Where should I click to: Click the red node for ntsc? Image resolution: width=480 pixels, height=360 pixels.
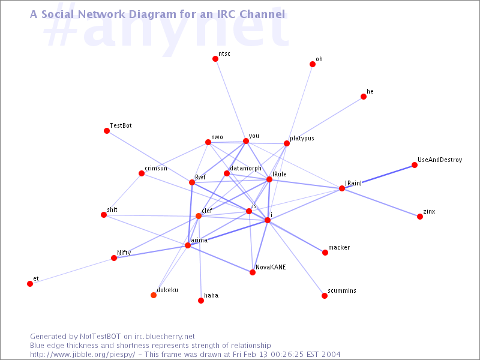(x=215, y=59)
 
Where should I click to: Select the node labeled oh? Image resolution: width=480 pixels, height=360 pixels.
(x=312, y=64)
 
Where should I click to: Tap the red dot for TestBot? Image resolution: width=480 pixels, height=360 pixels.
(x=107, y=131)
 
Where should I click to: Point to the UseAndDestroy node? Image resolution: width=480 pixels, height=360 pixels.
(x=415, y=165)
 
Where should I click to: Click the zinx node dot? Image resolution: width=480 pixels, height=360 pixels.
(x=420, y=217)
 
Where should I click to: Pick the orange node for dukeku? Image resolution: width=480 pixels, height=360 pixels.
(x=154, y=295)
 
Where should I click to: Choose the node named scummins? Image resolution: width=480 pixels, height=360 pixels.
(x=325, y=296)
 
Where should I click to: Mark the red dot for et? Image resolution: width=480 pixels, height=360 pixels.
(x=30, y=284)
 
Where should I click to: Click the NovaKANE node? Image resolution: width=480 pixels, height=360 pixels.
(x=253, y=272)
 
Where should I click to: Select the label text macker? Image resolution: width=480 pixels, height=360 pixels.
(x=339, y=247)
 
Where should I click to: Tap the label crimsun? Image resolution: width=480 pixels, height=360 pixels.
(x=156, y=168)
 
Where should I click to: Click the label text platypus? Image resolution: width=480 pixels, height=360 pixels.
(x=302, y=139)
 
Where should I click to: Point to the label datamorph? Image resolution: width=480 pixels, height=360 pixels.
(x=245, y=169)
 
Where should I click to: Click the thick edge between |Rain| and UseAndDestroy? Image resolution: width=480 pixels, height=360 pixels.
(x=378, y=176)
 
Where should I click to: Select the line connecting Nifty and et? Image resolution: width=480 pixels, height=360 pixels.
(x=72, y=271)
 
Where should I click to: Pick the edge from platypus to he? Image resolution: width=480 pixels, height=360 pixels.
(x=325, y=120)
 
